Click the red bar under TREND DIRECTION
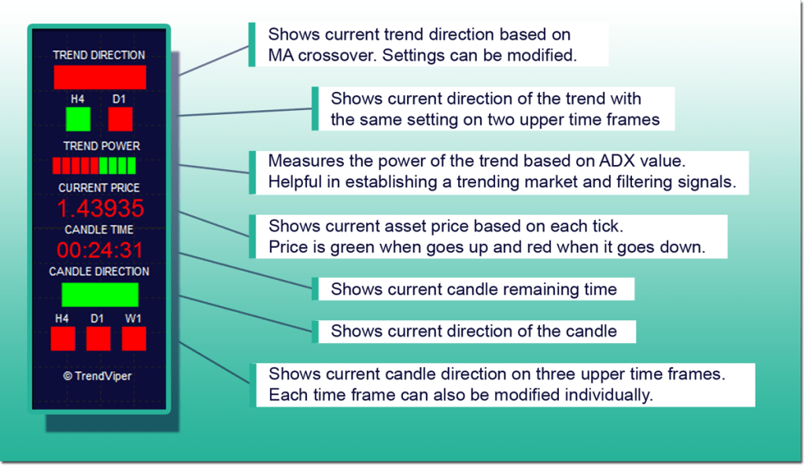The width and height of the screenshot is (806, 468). click(100, 77)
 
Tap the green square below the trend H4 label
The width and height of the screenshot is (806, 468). click(78, 119)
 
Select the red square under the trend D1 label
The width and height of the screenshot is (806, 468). click(120, 119)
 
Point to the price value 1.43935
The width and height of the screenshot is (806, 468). click(100, 208)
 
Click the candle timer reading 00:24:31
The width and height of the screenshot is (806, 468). click(99, 250)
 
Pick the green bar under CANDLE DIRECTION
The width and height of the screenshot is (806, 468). click(100, 294)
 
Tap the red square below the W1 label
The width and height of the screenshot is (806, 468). click(134, 338)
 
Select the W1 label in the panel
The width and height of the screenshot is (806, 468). click(134, 319)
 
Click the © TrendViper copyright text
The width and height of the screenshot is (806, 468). click(98, 376)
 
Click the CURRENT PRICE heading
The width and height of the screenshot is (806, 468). click(99, 188)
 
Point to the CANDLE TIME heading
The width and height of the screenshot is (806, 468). click(99, 230)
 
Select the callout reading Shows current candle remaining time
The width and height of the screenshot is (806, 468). click(473, 289)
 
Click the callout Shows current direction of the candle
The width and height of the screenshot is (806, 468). click(473, 330)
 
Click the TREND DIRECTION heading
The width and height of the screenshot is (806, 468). click(99, 55)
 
